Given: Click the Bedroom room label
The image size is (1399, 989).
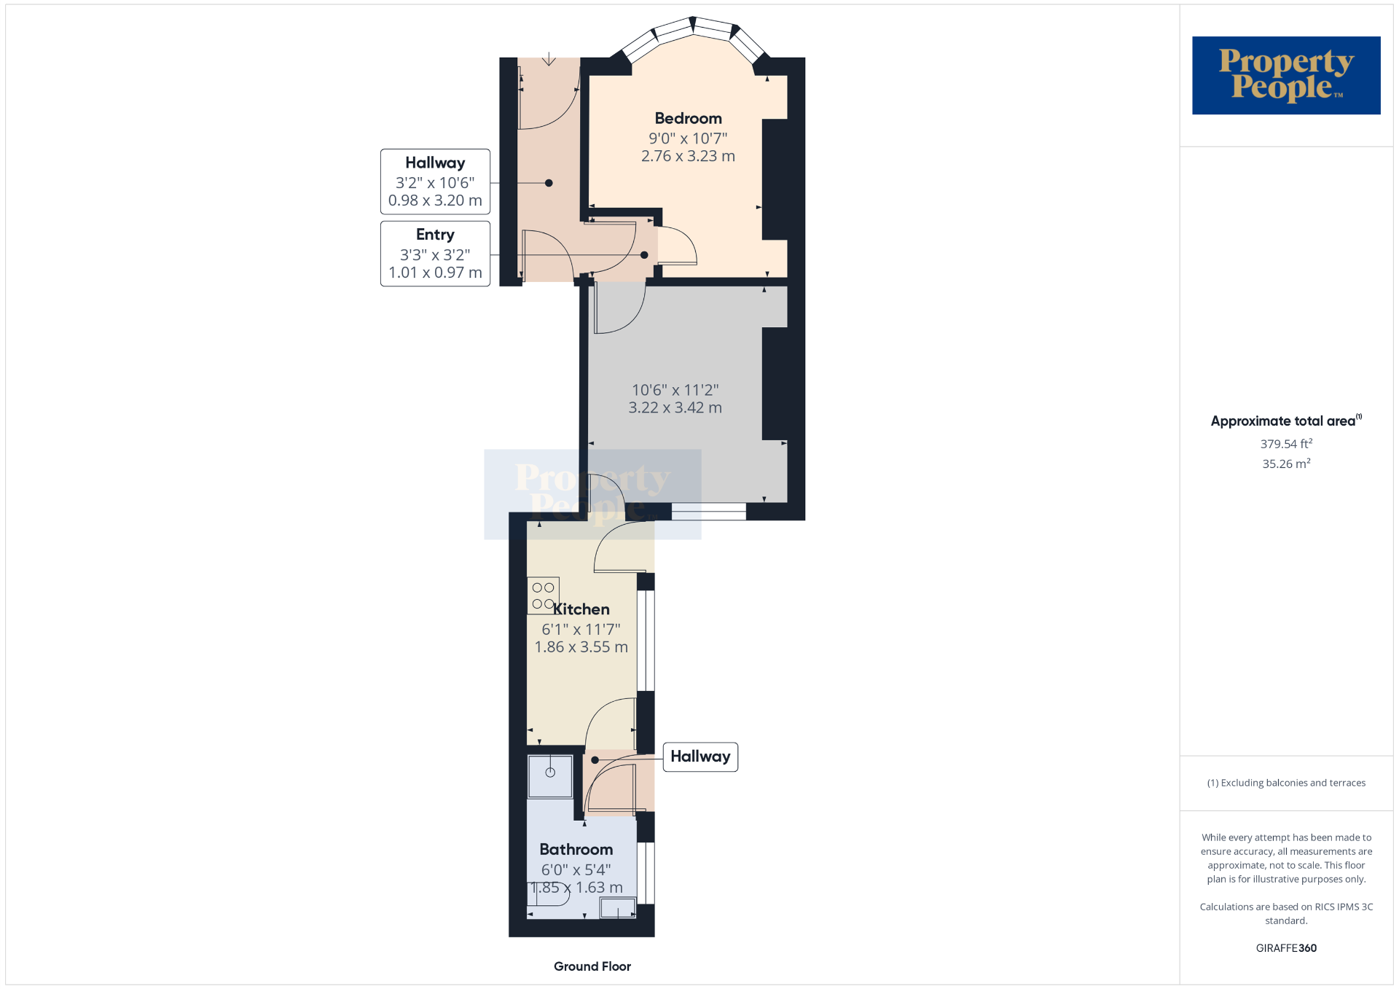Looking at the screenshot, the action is [x=688, y=118].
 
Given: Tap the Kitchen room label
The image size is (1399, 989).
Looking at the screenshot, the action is [x=581, y=609].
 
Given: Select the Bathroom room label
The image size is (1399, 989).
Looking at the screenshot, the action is [x=576, y=849].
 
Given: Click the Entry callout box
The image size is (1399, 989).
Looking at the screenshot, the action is [x=435, y=254].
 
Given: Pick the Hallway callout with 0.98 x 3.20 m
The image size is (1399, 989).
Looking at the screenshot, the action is [x=435, y=181].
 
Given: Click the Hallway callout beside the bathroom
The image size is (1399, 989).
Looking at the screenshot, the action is [x=700, y=757].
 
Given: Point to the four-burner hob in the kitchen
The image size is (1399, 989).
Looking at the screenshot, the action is [x=544, y=595].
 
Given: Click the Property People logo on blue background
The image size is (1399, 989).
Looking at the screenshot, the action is [x=1286, y=75].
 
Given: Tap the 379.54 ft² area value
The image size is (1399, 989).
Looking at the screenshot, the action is [x=1286, y=443].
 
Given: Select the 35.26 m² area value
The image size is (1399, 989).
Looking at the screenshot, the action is [x=1286, y=464].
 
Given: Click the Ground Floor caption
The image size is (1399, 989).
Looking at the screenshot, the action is [x=592, y=966].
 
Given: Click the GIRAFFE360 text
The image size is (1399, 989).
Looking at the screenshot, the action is [x=1286, y=948].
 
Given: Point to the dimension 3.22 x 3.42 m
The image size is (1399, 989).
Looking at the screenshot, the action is [x=675, y=408].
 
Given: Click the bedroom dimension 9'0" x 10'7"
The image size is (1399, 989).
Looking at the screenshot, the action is [x=688, y=138].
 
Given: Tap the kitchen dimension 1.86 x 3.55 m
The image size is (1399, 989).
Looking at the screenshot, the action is [x=581, y=647].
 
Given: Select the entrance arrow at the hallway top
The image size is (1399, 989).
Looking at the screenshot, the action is [x=549, y=59].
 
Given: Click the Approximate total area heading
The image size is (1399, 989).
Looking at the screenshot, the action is [x=1286, y=421].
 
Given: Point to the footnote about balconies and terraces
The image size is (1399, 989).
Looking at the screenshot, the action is [x=1286, y=783].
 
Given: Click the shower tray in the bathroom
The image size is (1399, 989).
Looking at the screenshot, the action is [x=550, y=776].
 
